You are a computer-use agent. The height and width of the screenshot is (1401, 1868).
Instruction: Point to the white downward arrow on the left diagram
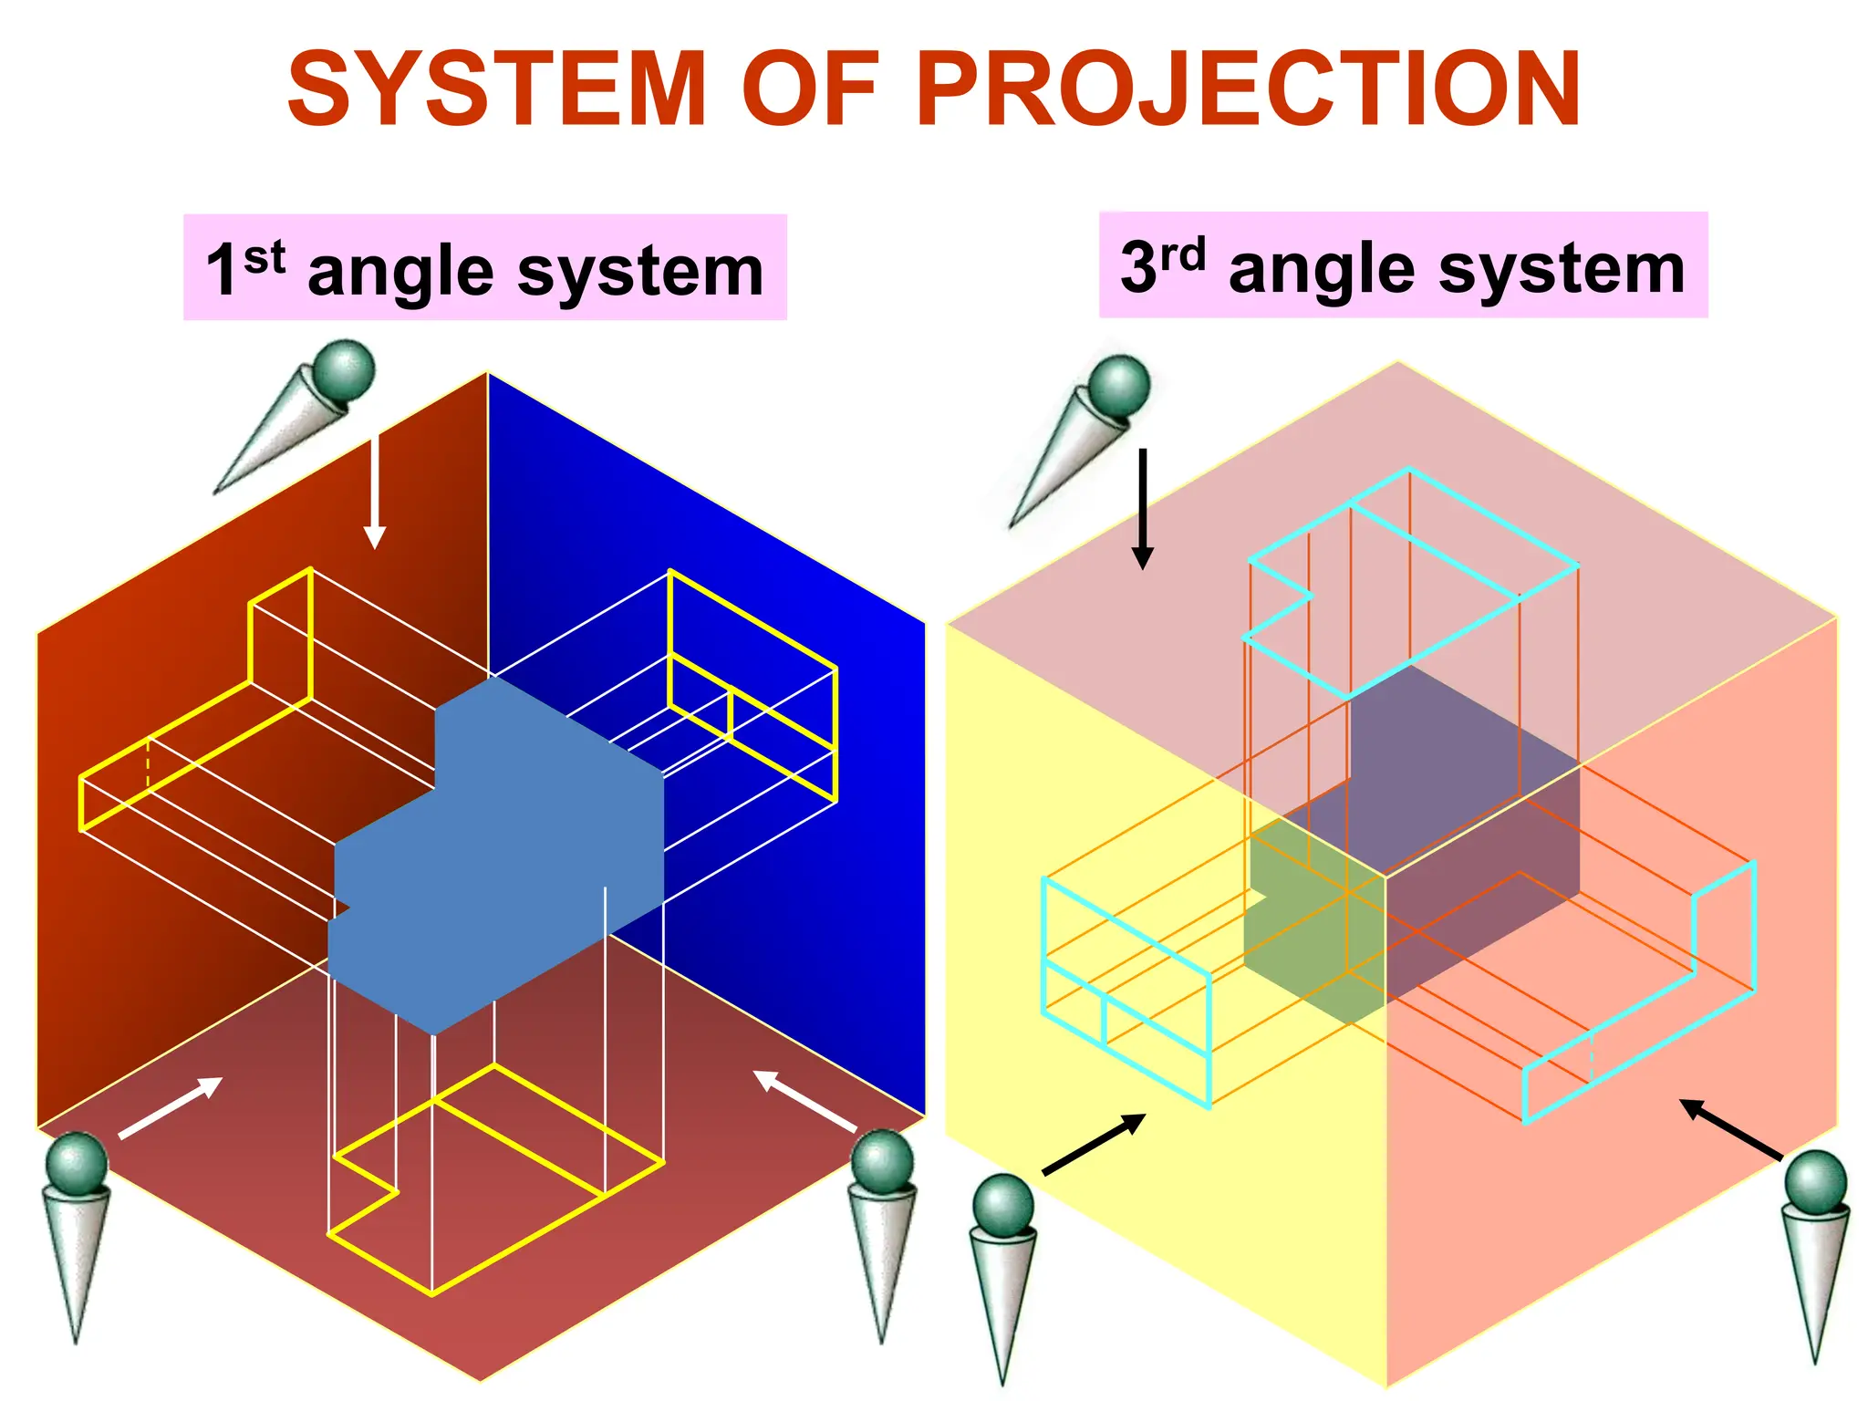click(374, 493)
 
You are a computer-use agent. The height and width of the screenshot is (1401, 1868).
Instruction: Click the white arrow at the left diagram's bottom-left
click(171, 1107)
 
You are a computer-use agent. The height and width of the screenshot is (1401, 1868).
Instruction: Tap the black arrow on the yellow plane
click(1094, 1144)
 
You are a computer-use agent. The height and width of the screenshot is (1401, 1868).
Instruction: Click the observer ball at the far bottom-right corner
click(1815, 1182)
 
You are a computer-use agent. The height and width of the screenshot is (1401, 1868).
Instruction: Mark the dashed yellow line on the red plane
click(148, 763)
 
